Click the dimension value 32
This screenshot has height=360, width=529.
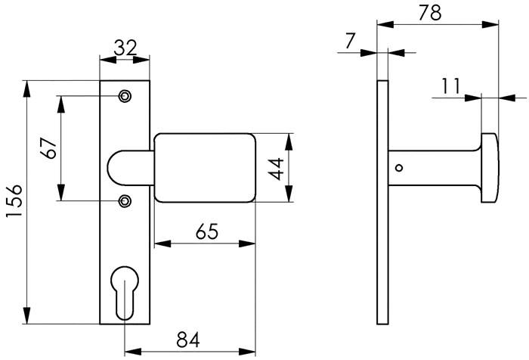coord(125,48)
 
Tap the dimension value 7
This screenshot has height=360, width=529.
coord(348,40)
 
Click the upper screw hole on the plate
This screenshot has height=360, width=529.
coord(125,96)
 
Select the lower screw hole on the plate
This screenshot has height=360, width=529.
coord(125,200)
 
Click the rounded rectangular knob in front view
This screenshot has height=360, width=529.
coord(204,168)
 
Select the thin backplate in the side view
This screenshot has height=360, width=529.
coord(382,201)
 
